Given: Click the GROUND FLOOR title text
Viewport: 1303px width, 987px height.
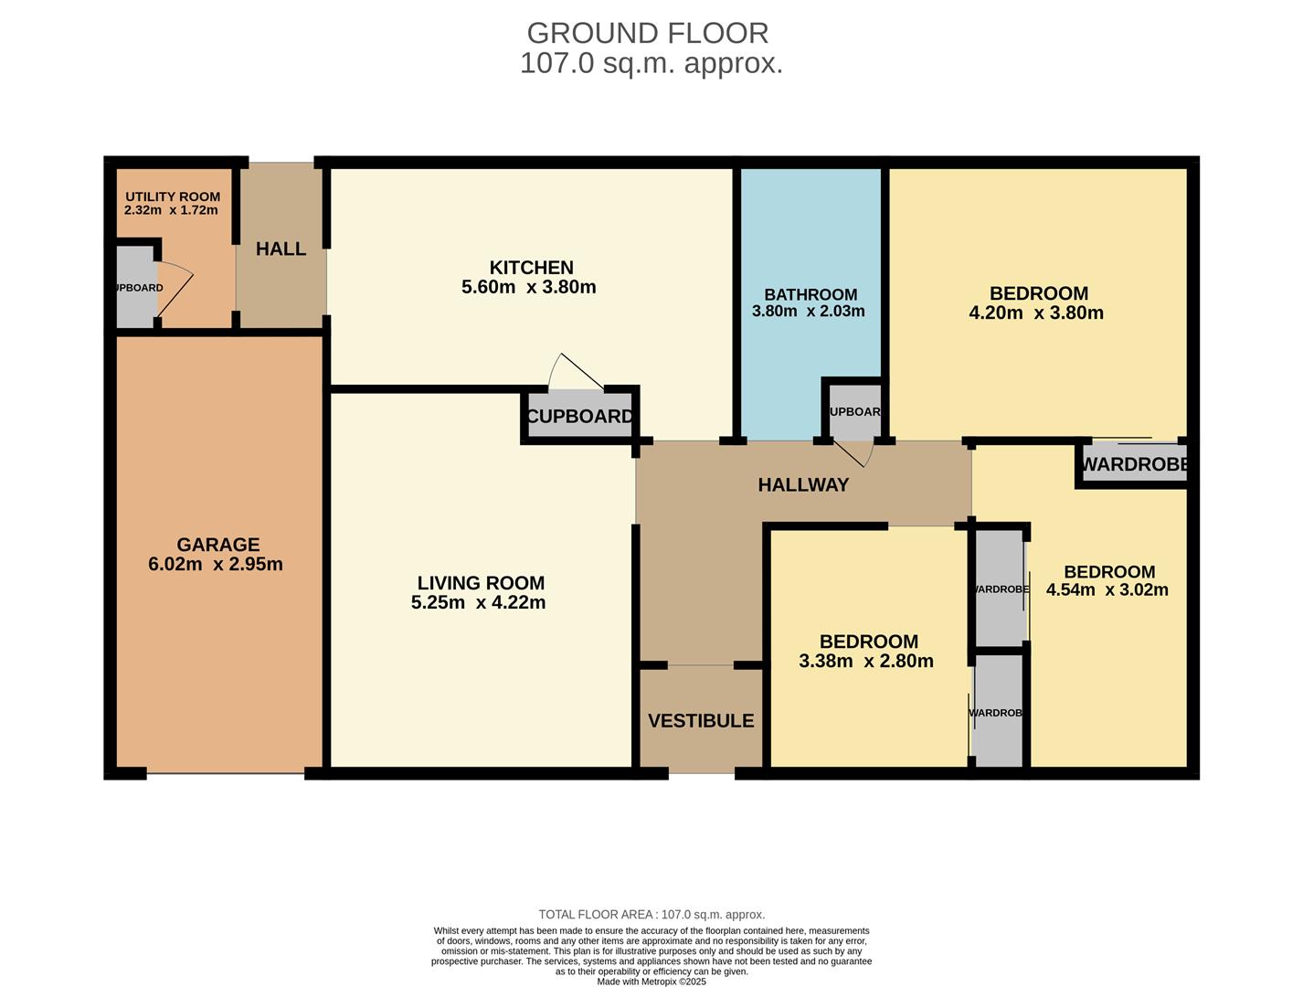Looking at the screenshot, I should [x=648, y=33].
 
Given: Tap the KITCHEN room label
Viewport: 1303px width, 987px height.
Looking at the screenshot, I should [x=531, y=268].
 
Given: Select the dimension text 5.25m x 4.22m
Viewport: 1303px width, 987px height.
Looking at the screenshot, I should [x=478, y=602].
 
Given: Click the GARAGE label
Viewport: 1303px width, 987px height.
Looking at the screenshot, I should [x=217, y=545].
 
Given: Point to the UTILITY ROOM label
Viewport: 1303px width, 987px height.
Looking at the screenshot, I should [x=173, y=196].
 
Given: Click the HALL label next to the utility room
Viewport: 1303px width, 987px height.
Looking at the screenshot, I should [x=281, y=249].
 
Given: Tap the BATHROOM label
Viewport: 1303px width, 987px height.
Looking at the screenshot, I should [x=810, y=294].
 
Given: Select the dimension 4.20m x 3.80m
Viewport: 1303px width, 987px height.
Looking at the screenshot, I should [x=1036, y=313].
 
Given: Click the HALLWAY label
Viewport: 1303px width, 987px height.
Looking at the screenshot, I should [x=803, y=485].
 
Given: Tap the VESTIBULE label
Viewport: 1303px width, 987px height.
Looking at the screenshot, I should [x=701, y=720].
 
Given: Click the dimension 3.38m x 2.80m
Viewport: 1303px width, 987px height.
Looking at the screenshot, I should [x=866, y=661].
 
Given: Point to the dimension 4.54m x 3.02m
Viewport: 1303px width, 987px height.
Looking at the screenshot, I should [x=1107, y=589].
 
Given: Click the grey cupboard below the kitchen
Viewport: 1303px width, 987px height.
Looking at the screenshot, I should [x=579, y=417].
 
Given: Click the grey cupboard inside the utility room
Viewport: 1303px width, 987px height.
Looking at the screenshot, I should [x=135, y=287].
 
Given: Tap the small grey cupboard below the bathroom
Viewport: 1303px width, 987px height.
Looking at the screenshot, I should [x=854, y=411].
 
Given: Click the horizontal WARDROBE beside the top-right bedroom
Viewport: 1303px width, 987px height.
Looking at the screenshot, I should [x=1134, y=464].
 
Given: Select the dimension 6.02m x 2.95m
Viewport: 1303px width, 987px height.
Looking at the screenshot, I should [x=216, y=564].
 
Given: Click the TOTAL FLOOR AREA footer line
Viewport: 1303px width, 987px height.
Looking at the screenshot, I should [x=651, y=914].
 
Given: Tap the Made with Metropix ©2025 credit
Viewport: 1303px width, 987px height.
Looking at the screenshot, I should [x=651, y=982].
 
